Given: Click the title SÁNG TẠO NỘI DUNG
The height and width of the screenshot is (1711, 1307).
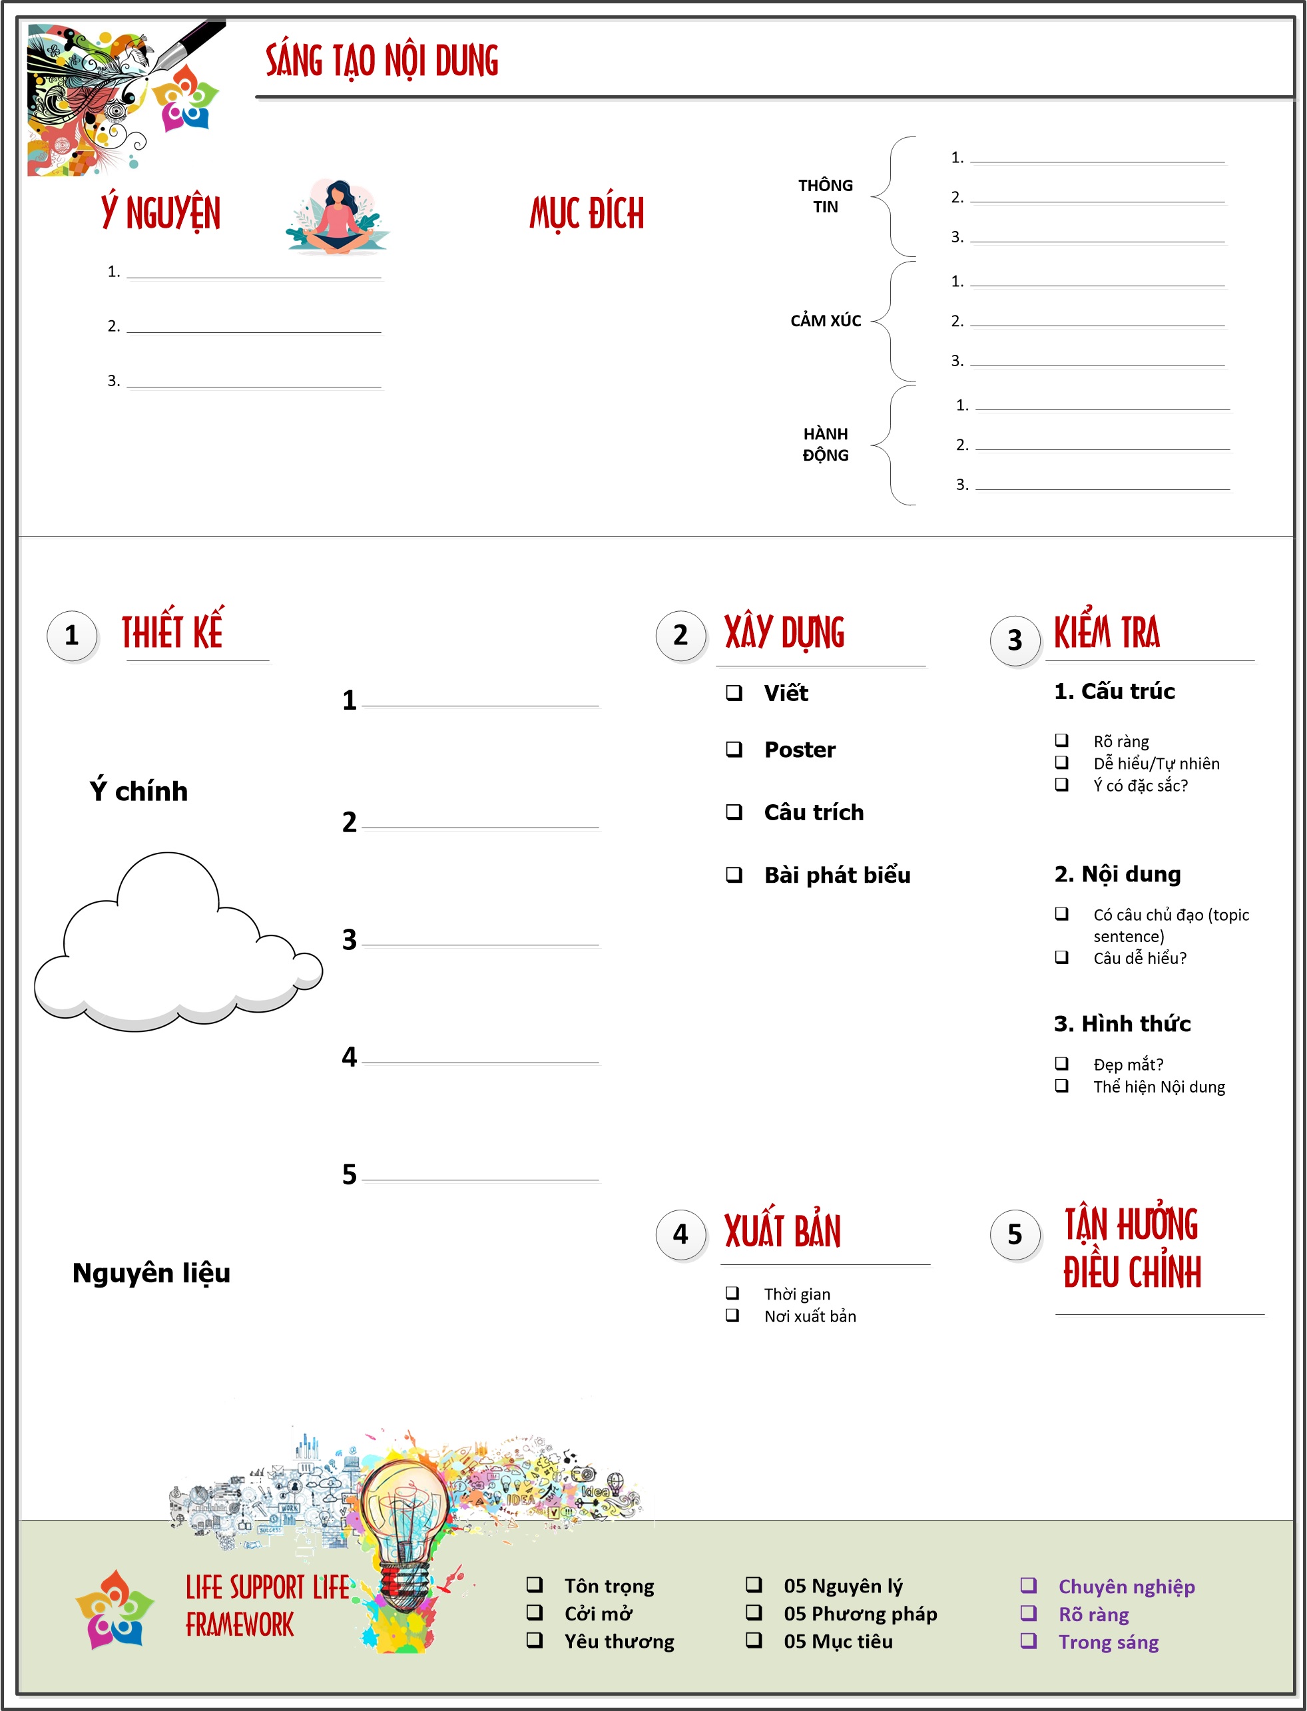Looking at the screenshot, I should click(x=382, y=61).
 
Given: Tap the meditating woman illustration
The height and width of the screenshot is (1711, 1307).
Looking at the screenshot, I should click(x=337, y=218).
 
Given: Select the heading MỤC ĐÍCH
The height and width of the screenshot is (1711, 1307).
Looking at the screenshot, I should click(x=587, y=213).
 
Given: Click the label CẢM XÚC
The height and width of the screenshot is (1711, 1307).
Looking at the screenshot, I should click(x=826, y=320).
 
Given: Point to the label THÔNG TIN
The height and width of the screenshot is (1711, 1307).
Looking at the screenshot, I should click(x=826, y=196).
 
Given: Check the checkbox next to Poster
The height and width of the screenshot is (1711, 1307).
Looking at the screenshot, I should click(x=734, y=749).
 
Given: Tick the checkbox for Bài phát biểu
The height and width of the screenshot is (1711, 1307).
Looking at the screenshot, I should click(x=734, y=874).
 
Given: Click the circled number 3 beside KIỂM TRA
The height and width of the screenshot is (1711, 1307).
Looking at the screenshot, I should click(x=1015, y=640).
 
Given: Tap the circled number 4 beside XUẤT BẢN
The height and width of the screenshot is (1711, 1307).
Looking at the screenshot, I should click(x=680, y=1234).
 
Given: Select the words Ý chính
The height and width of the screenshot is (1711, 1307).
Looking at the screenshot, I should click(x=138, y=791).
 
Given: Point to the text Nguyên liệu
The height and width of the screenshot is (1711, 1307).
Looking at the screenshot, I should click(x=151, y=1273).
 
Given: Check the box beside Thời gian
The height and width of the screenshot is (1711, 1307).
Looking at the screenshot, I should click(x=732, y=1293).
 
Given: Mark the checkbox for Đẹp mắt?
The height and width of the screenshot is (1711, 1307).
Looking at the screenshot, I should click(x=1061, y=1063).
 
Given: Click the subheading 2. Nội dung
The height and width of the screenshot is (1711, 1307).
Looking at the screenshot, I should click(x=1117, y=874).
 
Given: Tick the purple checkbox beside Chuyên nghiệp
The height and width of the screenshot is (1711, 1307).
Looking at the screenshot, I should click(x=1029, y=1585).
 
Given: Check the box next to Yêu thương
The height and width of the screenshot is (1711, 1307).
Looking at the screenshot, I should click(x=535, y=1640).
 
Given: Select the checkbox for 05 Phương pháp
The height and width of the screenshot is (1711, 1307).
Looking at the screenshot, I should click(x=754, y=1612).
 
